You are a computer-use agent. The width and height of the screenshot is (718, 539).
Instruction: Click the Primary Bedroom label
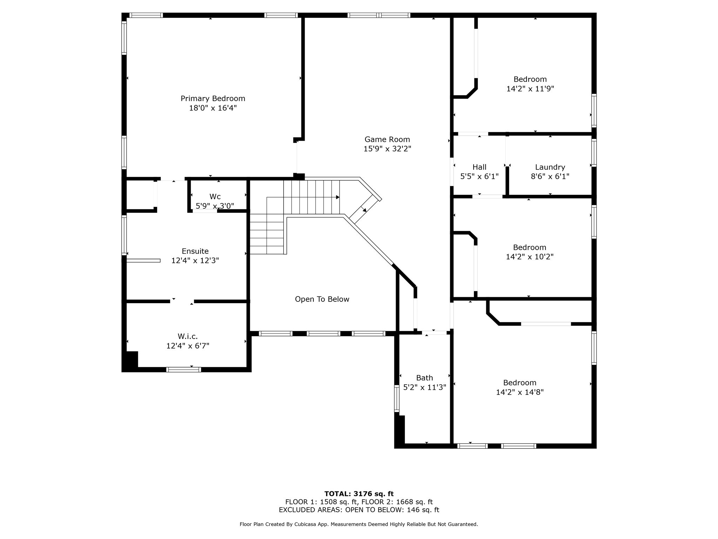(213, 99)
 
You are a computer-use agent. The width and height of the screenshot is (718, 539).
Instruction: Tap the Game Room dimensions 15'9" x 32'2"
(387, 149)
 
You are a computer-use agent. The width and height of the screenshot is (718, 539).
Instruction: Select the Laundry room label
(550, 167)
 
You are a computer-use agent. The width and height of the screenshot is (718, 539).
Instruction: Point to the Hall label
(479, 167)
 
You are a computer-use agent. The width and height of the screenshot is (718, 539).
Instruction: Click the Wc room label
(215, 197)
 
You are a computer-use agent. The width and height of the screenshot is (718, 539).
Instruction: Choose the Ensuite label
(195, 251)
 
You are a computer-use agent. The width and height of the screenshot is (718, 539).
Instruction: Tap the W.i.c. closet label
(188, 337)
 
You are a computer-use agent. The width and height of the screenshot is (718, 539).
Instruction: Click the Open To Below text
(322, 299)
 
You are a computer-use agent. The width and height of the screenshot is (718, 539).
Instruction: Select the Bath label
(425, 378)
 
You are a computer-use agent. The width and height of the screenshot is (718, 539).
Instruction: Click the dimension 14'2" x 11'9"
(530, 89)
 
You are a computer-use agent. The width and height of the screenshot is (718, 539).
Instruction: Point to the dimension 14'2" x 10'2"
(529, 257)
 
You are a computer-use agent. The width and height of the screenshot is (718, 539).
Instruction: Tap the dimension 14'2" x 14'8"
(520, 392)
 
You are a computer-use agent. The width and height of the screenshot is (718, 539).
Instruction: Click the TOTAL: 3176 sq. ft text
(359, 494)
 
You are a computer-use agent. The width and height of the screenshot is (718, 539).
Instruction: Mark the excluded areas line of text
(359, 510)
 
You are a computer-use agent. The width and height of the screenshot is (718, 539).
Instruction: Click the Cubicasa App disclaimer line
(359, 524)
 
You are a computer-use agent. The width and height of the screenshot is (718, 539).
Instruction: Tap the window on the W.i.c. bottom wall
(183, 370)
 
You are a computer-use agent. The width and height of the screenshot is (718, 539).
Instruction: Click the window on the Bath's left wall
(397, 398)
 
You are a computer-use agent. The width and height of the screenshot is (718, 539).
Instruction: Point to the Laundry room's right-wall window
(594, 153)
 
